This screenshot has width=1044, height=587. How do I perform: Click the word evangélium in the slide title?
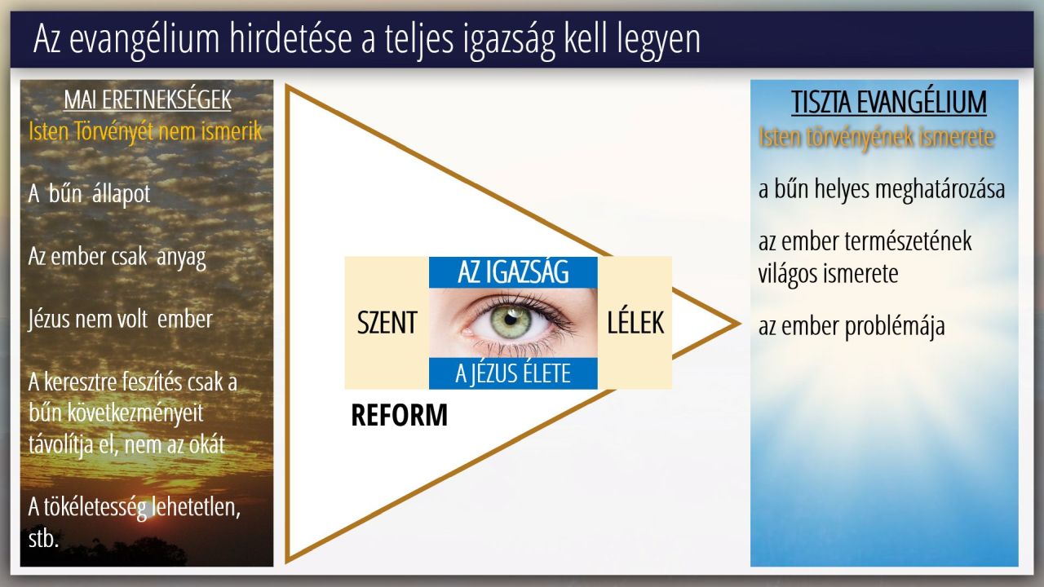(x=144, y=40)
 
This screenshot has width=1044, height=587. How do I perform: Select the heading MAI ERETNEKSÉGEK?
(x=148, y=99)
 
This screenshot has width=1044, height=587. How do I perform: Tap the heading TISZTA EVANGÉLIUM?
(x=889, y=102)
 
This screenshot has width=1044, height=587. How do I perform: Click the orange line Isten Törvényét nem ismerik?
(x=145, y=131)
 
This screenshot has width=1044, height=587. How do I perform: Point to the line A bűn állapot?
(x=89, y=193)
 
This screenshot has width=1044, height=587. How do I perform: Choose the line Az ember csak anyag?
(x=117, y=257)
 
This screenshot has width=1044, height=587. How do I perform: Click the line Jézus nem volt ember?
(x=120, y=320)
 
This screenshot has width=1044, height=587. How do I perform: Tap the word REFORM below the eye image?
(x=399, y=415)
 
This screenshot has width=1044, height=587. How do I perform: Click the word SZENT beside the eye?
(x=387, y=322)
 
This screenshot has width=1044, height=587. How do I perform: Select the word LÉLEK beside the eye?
(x=635, y=322)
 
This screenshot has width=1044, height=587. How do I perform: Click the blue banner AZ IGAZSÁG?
(x=513, y=272)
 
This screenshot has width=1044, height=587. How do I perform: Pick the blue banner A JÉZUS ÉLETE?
(x=513, y=373)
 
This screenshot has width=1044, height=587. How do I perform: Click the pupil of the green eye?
(x=511, y=320)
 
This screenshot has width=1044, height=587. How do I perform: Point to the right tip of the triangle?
(x=740, y=324)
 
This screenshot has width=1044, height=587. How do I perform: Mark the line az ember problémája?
(x=852, y=326)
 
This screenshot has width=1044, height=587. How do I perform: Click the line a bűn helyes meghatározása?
(x=882, y=190)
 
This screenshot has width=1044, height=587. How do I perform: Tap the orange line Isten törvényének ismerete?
(x=876, y=137)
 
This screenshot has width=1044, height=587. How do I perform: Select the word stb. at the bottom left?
(x=43, y=539)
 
